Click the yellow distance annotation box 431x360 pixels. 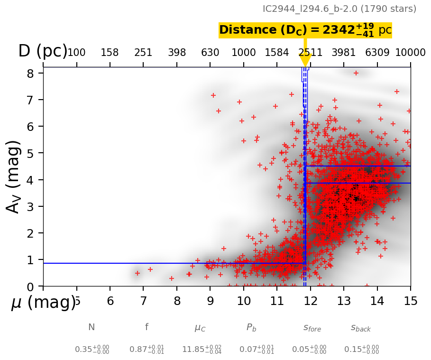pyautogui.click(x=305, y=30)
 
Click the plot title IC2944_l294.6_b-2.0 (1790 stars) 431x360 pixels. pyautogui.click(x=339, y=9)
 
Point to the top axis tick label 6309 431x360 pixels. pyautogui.click(x=377, y=53)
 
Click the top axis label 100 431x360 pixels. pyautogui.click(x=76, y=53)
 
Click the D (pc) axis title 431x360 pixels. pyautogui.click(x=43, y=51)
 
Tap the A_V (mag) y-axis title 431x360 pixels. pyautogui.click(x=14, y=176)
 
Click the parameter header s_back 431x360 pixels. pyautogui.click(x=361, y=328)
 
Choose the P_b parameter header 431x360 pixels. pyautogui.click(x=251, y=327)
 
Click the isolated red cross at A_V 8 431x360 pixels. pyautogui.click(x=356, y=73)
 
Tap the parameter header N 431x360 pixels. pyautogui.click(x=92, y=327)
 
